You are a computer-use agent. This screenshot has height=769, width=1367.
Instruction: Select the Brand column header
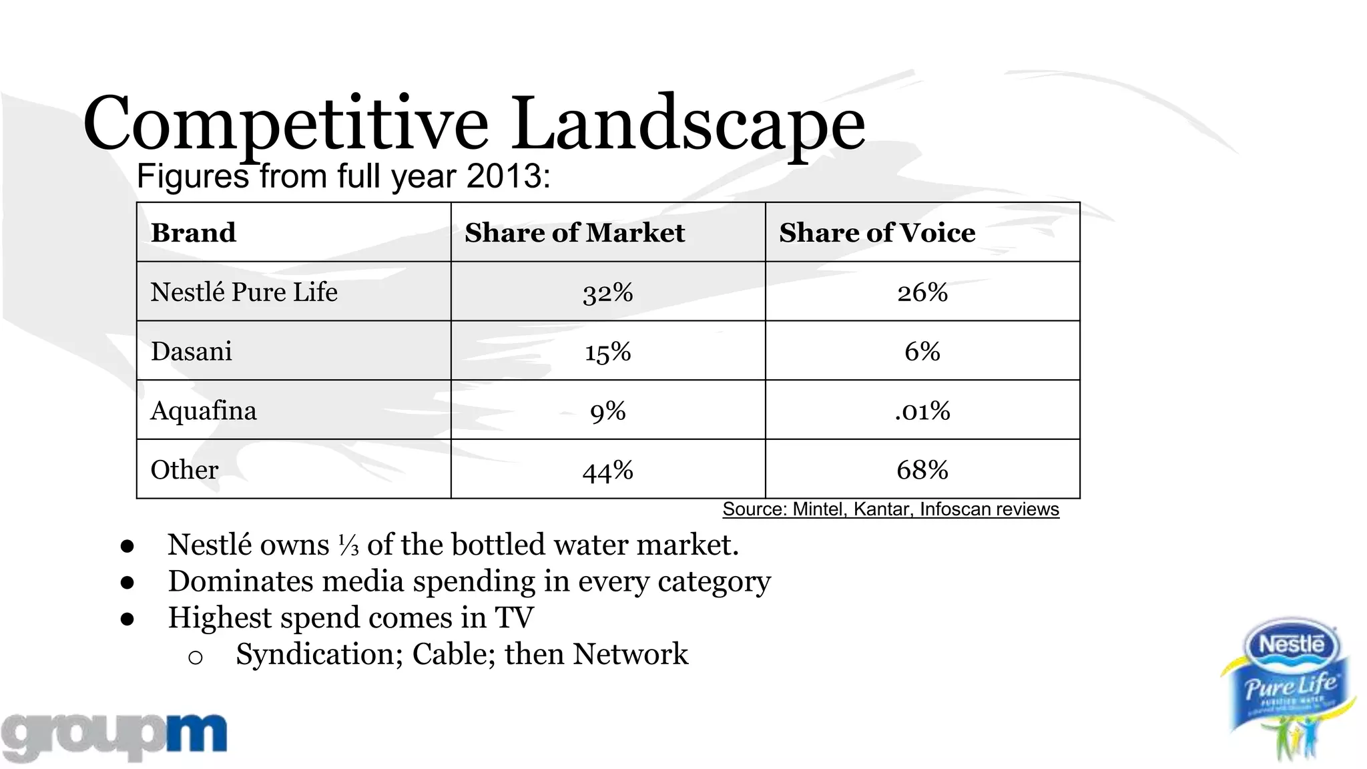[194, 232]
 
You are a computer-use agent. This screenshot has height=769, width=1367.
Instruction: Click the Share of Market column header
[575, 232]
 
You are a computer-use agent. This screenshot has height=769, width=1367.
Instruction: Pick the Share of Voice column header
[877, 232]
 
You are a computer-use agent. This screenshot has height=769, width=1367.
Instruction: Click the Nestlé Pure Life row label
[244, 292]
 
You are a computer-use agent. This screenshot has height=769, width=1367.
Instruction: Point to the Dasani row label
[192, 351]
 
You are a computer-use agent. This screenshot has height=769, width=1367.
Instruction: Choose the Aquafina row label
[204, 411]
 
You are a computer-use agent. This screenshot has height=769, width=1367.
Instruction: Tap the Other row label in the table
[184, 470]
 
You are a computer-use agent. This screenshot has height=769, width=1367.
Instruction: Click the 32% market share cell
[607, 292]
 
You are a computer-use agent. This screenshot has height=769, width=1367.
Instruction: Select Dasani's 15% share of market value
[607, 352]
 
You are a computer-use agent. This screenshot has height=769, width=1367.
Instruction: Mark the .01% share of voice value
[922, 411]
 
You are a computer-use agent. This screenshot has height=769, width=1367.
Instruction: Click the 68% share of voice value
[922, 470]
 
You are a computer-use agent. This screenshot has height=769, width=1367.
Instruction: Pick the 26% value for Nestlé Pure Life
[922, 292]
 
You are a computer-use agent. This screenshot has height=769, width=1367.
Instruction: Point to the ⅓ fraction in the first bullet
[348, 545]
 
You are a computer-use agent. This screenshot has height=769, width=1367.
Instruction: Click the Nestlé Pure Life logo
[1290, 688]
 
